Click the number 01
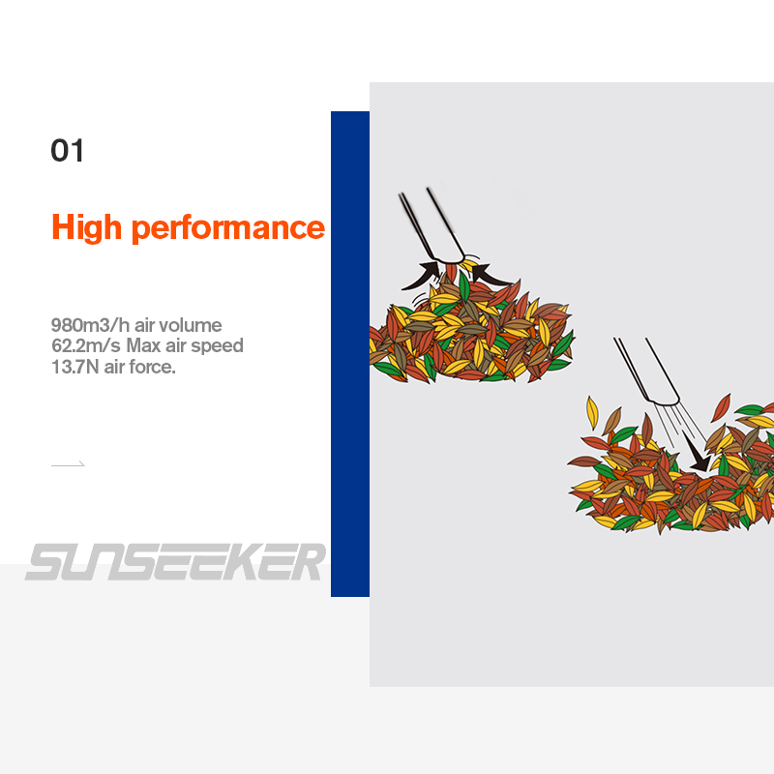(x=67, y=151)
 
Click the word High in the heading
(x=86, y=227)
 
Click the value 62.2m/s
(x=86, y=345)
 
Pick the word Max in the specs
(x=143, y=345)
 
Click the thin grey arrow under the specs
(x=68, y=464)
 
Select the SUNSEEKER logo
(x=176, y=562)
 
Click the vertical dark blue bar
(x=350, y=354)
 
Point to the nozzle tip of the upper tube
(x=449, y=260)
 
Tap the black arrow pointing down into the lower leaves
(x=696, y=451)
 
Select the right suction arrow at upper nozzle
(x=492, y=275)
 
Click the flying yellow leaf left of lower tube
(x=592, y=413)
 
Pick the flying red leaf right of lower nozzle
(x=721, y=407)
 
